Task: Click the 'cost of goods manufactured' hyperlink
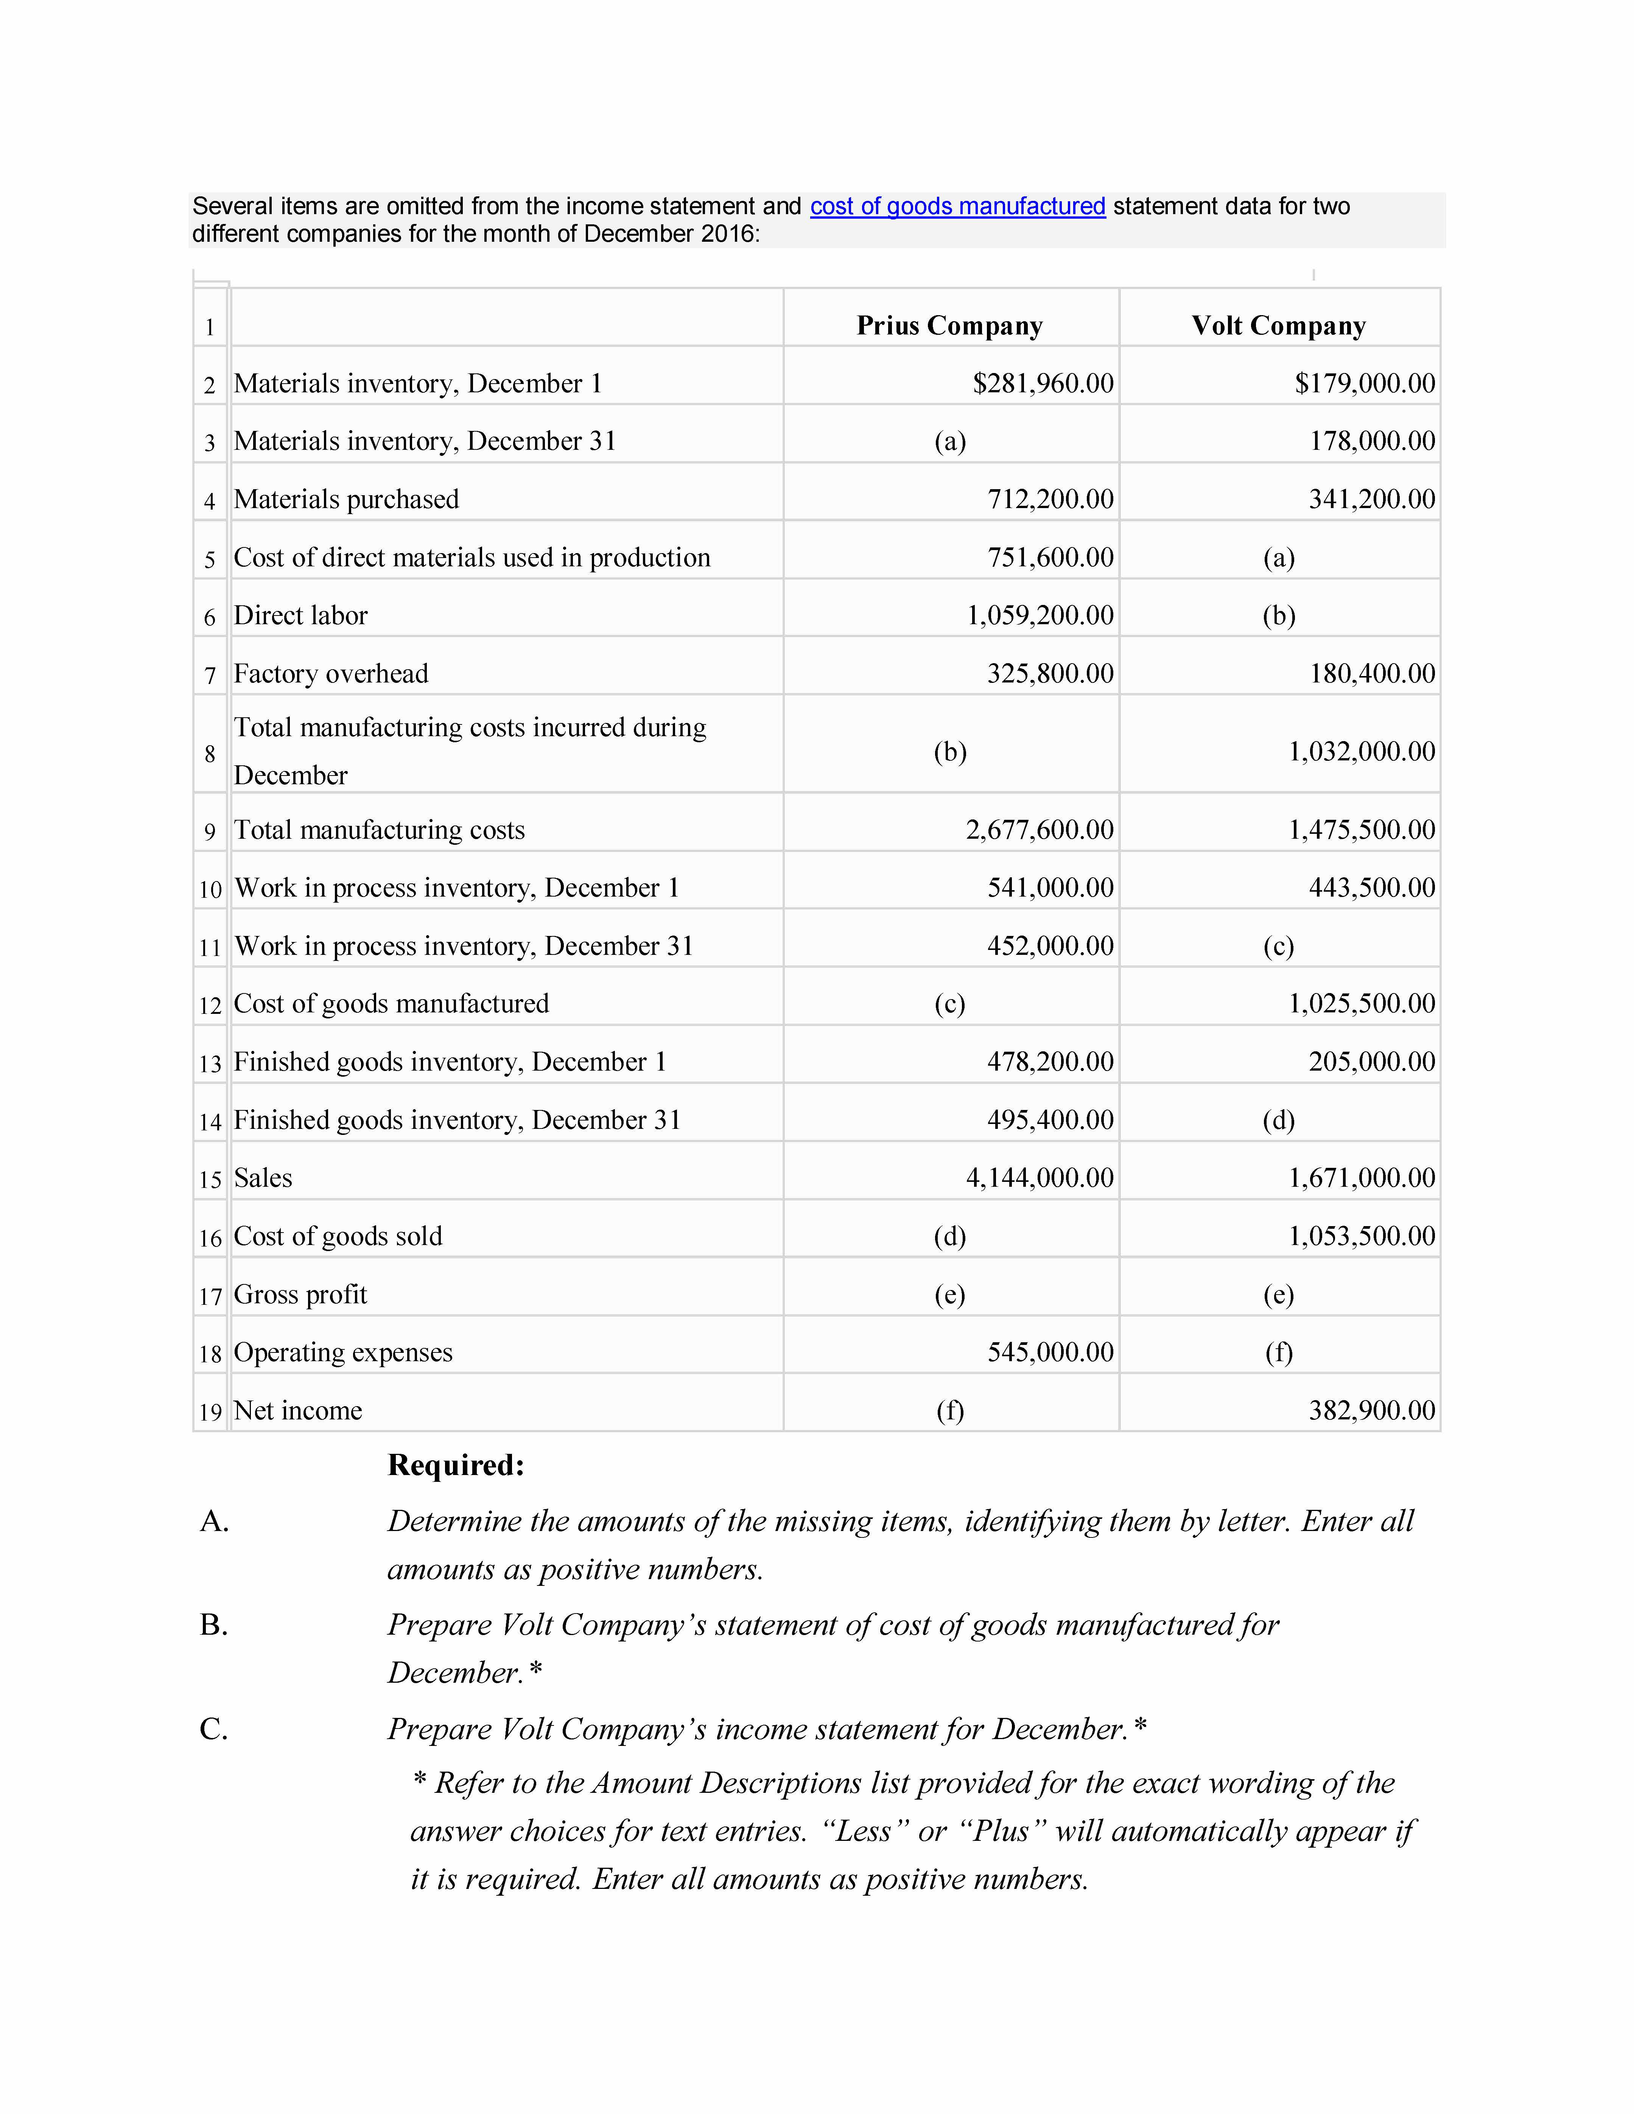tap(957, 206)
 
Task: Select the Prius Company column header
tap(949, 325)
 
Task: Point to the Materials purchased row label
tap(347, 499)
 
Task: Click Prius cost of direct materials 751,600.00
tap(1050, 558)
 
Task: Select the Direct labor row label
tap(301, 616)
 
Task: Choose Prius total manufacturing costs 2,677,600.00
tap(1040, 830)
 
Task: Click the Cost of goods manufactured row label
tap(391, 1004)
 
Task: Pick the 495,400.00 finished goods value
tap(1050, 1120)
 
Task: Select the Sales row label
tap(263, 1178)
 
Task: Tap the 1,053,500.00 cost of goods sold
tap(1361, 1236)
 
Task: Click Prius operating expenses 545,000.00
tap(1050, 1352)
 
